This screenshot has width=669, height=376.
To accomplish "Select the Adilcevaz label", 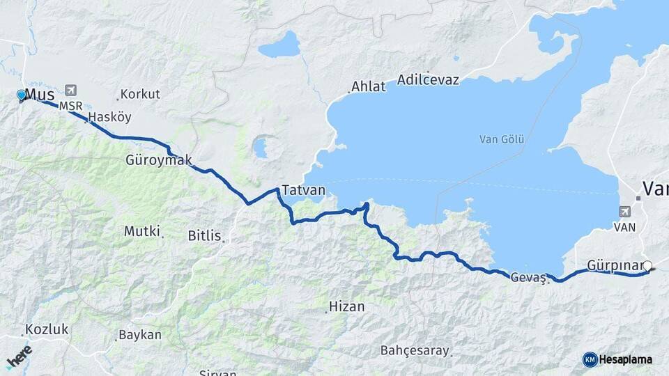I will point(428,79).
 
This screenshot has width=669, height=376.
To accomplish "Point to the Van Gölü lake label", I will point(502,139).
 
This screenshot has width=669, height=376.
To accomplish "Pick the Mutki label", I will point(142,230).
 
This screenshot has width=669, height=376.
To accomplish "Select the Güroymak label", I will point(158,160).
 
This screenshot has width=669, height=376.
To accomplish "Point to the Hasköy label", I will point(110,117).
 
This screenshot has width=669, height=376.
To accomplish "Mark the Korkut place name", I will point(140,93).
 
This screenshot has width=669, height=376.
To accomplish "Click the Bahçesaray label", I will point(415,350).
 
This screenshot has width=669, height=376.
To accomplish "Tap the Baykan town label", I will point(140,335).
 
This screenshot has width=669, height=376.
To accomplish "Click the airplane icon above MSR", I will point(70,90).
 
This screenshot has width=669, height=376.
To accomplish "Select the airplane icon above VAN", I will point(624,212).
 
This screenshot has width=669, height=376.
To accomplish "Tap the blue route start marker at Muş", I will point(21,95).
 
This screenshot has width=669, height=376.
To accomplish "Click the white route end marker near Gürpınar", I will point(647,265).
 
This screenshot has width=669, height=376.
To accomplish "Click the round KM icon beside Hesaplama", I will point(590,359).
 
